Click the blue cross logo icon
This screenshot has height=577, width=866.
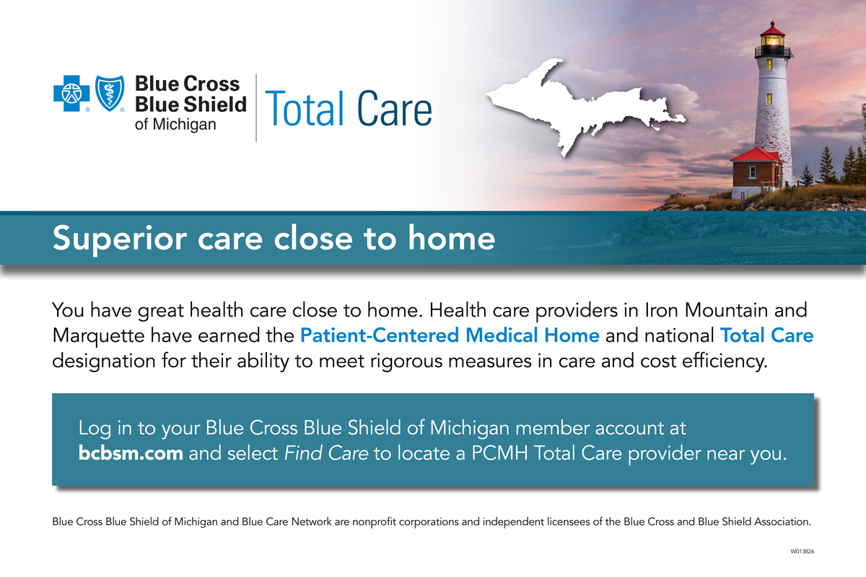coord(71,93)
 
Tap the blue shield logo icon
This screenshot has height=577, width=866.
coord(110,93)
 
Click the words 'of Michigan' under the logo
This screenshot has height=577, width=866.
coord(175,125)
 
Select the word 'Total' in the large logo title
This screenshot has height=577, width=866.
coord(304,109)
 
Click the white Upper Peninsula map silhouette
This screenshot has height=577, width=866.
coord(580,105)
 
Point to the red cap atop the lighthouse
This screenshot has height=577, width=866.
coord(772,29)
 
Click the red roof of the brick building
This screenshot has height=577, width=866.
coord(755,155)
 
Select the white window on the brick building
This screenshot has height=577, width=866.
coord(752,172)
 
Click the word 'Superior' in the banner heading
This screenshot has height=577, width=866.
coord(120,239)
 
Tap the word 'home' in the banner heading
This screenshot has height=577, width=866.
coord(451,238)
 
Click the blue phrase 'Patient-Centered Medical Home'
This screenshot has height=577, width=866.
coord(450,335)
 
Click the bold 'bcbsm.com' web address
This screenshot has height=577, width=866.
coord(131,453)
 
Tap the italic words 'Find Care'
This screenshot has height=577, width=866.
coord(326,453)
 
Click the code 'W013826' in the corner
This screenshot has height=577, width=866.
coord(802,552)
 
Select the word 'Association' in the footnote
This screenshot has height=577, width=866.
coord(782,521)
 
